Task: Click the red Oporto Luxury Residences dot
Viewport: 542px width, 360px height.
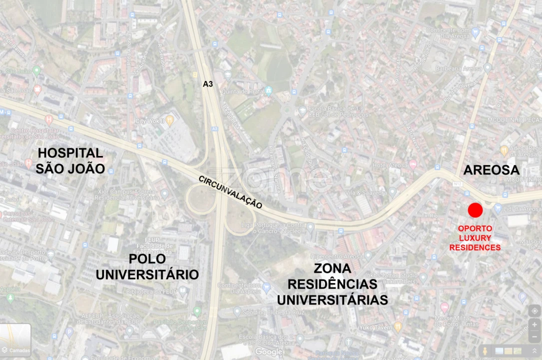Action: coord(475,210)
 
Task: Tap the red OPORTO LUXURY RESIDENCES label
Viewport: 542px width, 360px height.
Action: coord(475,238)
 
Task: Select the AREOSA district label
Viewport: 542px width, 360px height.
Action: coord(491,170)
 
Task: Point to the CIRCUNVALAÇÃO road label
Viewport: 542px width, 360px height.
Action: coord(230,191)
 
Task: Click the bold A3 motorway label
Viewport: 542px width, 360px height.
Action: coord(208,84)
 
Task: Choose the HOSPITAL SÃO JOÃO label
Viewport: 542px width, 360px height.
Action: coord(70,160)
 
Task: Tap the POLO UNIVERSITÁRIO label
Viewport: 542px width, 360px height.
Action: coord(147,267)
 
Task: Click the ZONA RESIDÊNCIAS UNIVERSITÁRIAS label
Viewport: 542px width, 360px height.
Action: coord(332,284)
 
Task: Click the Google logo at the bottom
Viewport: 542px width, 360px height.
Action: coord(268,352)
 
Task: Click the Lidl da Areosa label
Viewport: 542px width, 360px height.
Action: coord(522,209)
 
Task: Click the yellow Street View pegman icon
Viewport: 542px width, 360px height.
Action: coord(484,351)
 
